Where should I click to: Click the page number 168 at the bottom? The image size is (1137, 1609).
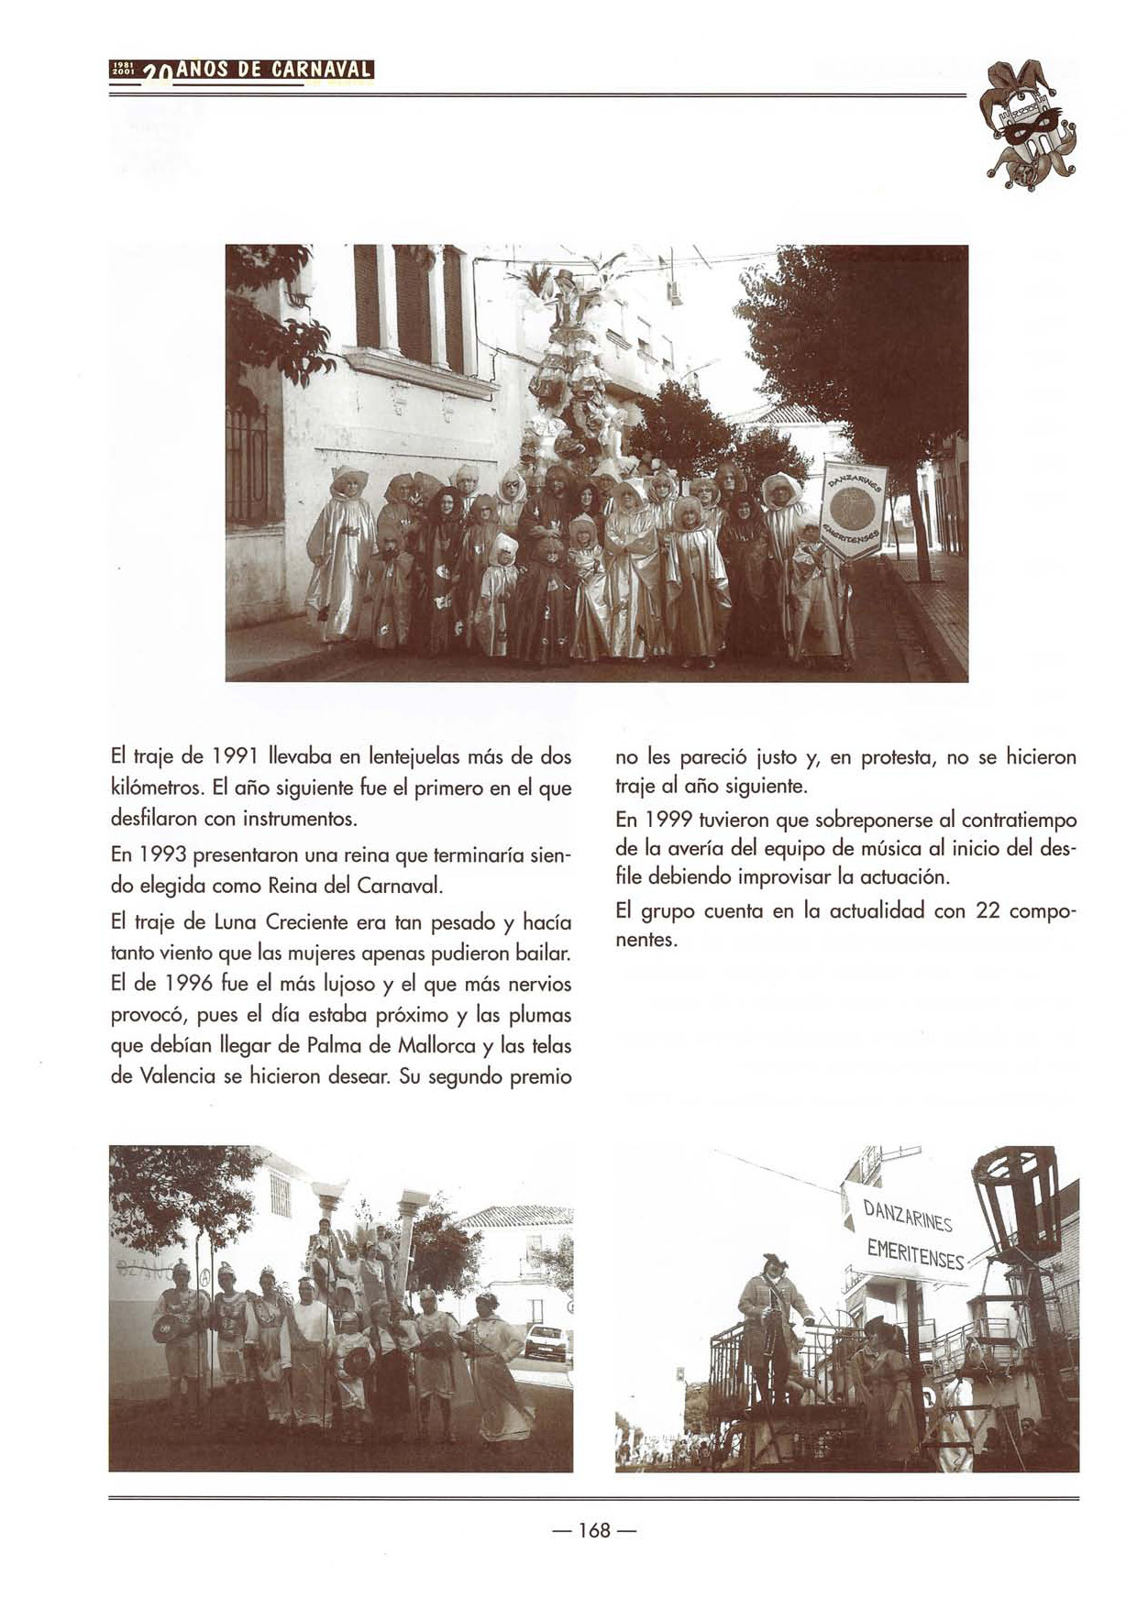coord(594,1530)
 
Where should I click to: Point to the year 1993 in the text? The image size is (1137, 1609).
coord(160,855)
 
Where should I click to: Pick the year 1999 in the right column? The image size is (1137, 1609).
coord(666,819)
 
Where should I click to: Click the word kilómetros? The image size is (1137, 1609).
coord(158,788)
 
